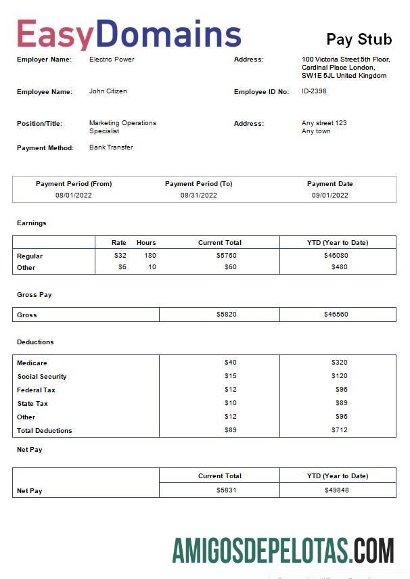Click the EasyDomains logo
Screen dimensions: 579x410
click(129, 34)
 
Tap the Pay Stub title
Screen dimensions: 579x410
click(359, 39)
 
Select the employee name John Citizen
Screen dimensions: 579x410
click(108, 91)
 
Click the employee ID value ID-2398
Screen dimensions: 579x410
click(314, 91)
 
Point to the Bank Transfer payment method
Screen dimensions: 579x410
click(111, 147)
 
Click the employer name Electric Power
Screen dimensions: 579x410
click(112, 60)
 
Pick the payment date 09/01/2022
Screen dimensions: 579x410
click(329, 195)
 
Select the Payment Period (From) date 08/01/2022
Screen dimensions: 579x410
click(74, 195)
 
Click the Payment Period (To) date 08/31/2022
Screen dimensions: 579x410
click(198, 195)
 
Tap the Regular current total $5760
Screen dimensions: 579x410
click(226, 256)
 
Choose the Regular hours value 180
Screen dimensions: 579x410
click(150, 256)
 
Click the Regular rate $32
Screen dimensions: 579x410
click(120, 256)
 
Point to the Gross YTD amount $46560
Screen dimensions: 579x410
click(336, 315)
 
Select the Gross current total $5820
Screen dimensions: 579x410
click(226, 315)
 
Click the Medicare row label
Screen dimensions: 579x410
click(32, 363)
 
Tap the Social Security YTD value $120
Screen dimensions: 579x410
click(339, 376)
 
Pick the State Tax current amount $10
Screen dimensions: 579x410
click(231, 403)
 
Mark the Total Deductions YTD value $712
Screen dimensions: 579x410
click(339, 430)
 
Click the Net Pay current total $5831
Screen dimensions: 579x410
click(226, 490)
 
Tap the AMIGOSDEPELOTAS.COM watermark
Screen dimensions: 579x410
click(283, 551)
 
